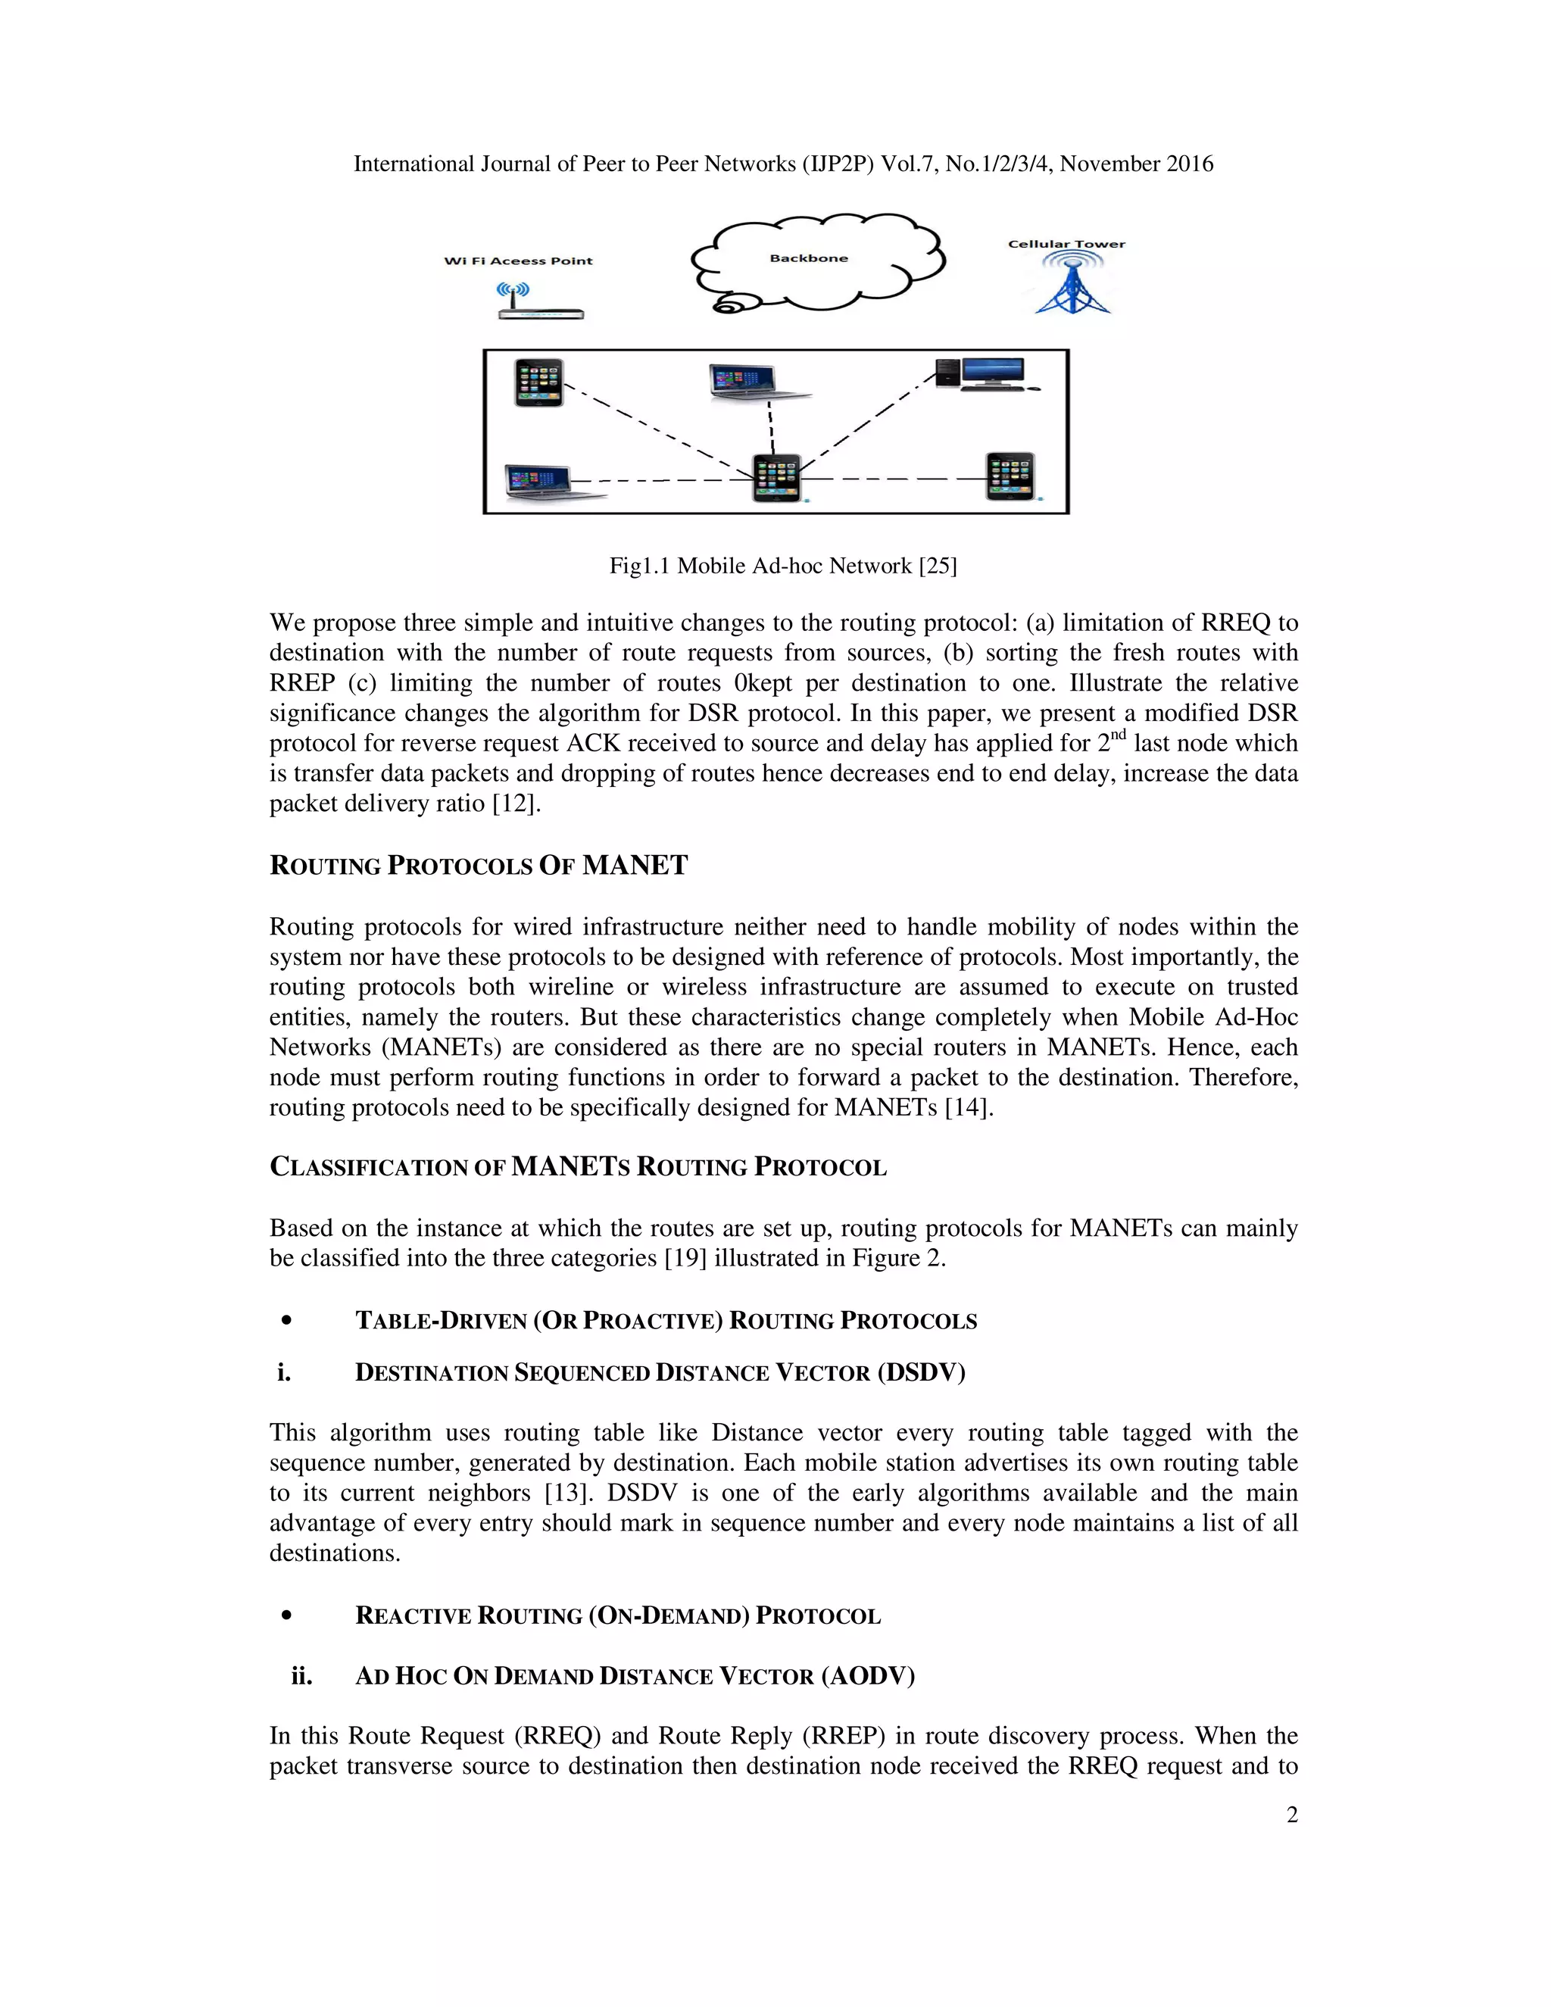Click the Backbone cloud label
[x=809, y=258]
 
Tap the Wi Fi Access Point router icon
[x=539, y=303]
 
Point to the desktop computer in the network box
[x=987, y=375]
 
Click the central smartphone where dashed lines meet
[x=775, y=478]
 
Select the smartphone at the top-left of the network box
[x=538, y=382]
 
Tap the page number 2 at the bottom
[x=1291, y=1815]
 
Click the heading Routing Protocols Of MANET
[x=478, y=866]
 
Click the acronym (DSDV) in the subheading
[x=921, y=1373]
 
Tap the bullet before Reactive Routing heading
[x=288, y=1615]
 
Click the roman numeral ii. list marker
[x=301, y=1676]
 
